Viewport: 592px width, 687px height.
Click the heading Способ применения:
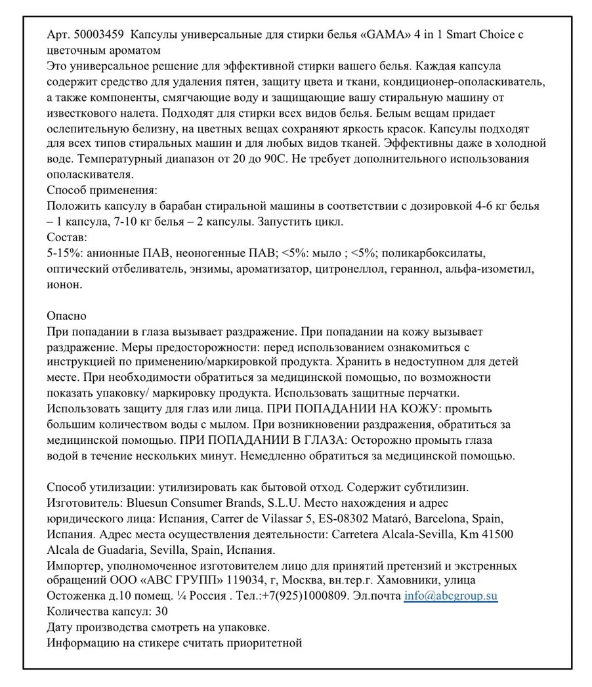pos(102,191)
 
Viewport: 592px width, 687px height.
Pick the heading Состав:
pos(67,237)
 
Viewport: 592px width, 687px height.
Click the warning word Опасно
pos(66,316)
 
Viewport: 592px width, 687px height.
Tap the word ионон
pos(64,285)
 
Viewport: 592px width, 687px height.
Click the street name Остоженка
pos(78,597)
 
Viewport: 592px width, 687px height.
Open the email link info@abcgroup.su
pos(450,597)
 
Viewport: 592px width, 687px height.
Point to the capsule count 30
pos(160,612)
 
